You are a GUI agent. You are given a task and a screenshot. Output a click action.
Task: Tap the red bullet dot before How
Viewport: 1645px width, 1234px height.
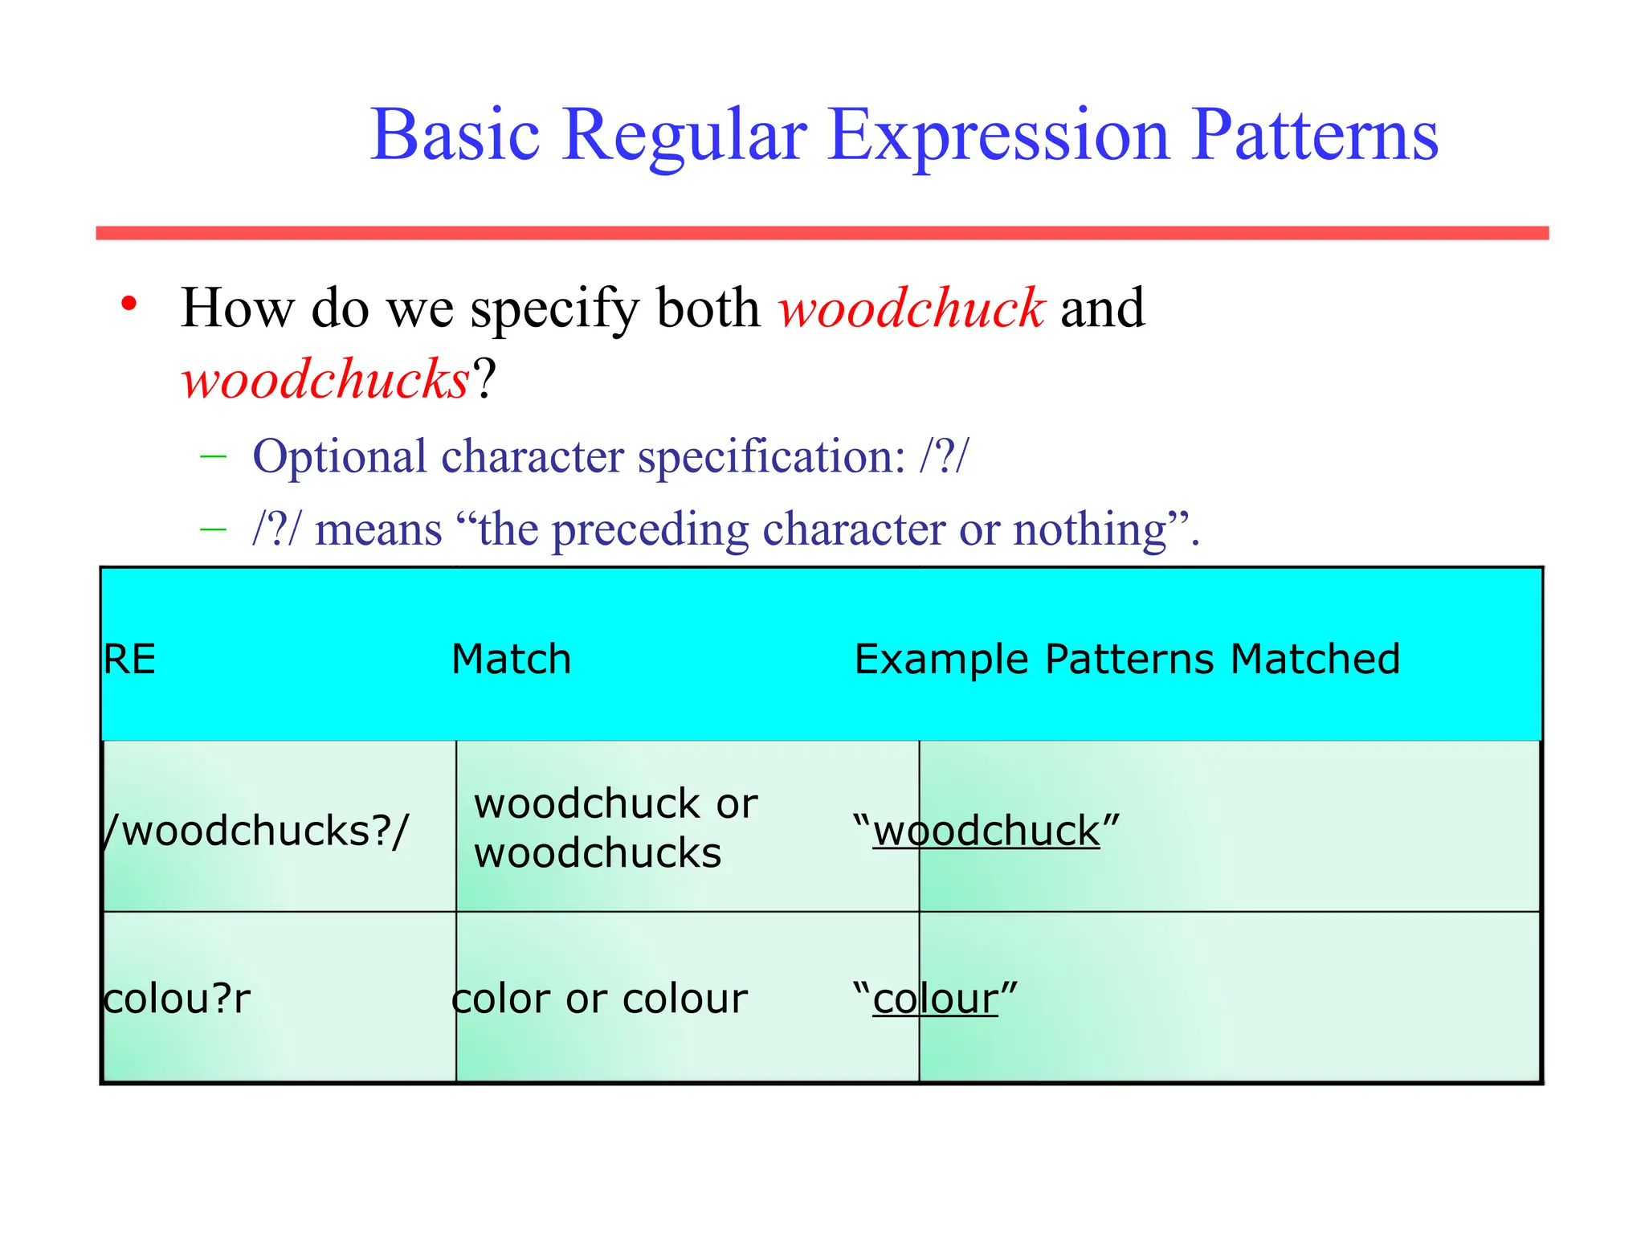click(129, 304)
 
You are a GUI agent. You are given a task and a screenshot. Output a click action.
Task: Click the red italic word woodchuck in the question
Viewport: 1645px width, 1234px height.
click(911, 308)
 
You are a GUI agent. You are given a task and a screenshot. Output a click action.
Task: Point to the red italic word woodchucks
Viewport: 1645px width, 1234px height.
click(325, 379)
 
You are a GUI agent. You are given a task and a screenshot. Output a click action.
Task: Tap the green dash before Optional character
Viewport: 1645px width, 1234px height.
click(213, 457)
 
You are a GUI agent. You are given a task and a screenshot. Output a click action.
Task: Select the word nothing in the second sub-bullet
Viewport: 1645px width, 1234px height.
click(1089, 529)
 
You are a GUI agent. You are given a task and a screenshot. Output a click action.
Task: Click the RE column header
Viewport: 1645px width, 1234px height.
click(129, 660)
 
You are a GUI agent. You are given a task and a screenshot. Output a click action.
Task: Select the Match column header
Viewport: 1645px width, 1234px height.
click(512, 660)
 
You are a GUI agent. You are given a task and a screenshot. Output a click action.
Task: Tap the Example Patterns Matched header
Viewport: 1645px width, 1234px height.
click(1127, 660)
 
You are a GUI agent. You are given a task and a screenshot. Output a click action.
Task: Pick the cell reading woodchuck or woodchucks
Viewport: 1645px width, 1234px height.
click(614, 827)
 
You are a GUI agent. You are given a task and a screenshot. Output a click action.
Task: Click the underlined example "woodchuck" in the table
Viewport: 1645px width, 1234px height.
click(986, 831)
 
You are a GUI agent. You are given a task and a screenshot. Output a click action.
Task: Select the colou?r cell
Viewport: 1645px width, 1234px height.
click(177, 999)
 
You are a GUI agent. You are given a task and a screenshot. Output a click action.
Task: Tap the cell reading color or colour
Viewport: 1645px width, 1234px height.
click(599, 999)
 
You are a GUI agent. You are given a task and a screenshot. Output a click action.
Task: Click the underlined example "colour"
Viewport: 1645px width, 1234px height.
click(935, 999)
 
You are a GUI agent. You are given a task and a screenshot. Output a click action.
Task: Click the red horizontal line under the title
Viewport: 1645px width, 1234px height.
click(822, 233)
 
